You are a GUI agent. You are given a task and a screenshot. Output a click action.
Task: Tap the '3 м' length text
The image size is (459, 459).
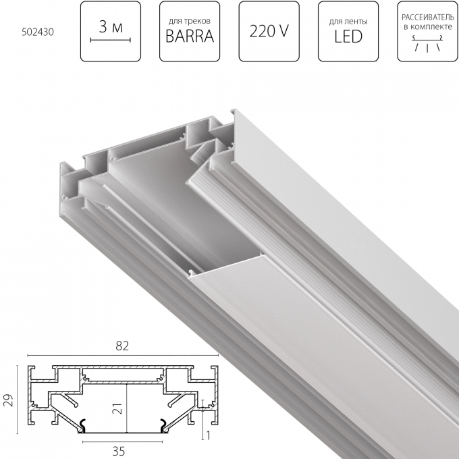110,27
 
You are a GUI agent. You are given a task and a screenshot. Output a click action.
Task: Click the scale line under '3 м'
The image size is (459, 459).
110,41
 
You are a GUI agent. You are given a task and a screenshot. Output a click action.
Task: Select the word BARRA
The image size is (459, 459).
190,36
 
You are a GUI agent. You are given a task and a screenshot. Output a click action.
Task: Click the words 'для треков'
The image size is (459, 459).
190,21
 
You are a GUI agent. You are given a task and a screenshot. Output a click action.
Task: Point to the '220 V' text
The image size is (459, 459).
269,31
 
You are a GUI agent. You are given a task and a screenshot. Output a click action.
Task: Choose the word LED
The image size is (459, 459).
348,36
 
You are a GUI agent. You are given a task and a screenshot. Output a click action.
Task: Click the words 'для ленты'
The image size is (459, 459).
348,21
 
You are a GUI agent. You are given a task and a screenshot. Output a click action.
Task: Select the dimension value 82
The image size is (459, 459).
122,345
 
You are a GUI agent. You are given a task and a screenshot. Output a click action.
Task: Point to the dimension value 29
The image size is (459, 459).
7,401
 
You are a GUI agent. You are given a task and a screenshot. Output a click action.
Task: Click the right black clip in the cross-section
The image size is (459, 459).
163,425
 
